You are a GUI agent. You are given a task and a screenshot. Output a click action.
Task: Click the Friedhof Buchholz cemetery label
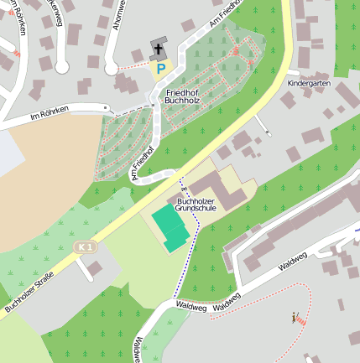(x=183, y=96)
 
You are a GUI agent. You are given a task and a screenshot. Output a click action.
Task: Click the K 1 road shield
(x=83, y=246)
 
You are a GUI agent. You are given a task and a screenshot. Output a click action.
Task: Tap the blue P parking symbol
(x=159, y=67)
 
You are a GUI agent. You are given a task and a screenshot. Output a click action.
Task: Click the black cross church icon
(x=158, y=49)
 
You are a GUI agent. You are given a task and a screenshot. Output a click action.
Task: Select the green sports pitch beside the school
(x=171, y=226)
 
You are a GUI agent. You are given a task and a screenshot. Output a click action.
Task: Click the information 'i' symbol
(x=294, y=316)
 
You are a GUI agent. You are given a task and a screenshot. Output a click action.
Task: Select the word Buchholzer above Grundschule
(x=196, y=200)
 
